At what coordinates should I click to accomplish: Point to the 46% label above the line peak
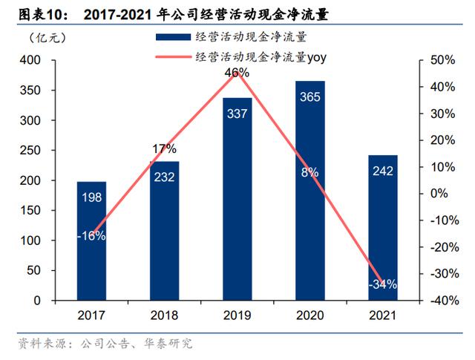pyautogui.click(x=237, y=73)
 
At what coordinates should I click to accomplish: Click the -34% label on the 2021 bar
pyautogui.click(x=383, y=284)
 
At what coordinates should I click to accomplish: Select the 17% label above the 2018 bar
pyautogui.click(x=165, y=148)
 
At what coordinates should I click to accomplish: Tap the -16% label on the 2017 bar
pyautogui.click(x=92, y=236)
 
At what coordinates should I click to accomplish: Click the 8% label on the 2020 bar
pyautogui.click(x=310, y=172)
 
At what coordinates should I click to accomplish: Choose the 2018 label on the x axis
pyautogui.click(x=165, y=315)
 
